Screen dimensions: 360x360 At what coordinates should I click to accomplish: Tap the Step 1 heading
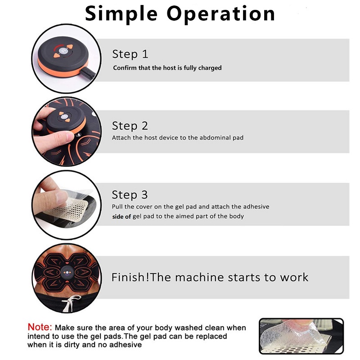[x=130, y=54]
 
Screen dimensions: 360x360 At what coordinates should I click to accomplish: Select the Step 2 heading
[x=130, y=126]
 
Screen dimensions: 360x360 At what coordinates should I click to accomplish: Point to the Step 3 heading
[x=130, y=195]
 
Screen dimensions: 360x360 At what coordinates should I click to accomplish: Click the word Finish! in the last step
[x=130, y=277]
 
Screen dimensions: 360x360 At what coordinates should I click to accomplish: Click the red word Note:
[x=40, y=327]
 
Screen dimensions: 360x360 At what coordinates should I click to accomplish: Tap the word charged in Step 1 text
[x=210, y=68]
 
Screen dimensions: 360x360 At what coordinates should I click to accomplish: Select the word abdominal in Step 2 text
[x=207, y=137]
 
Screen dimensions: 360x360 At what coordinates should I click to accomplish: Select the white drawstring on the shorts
[x=68, y=304]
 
